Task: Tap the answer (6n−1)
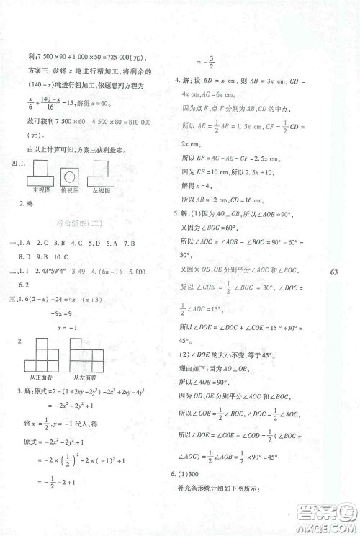(x=112, y=272)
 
